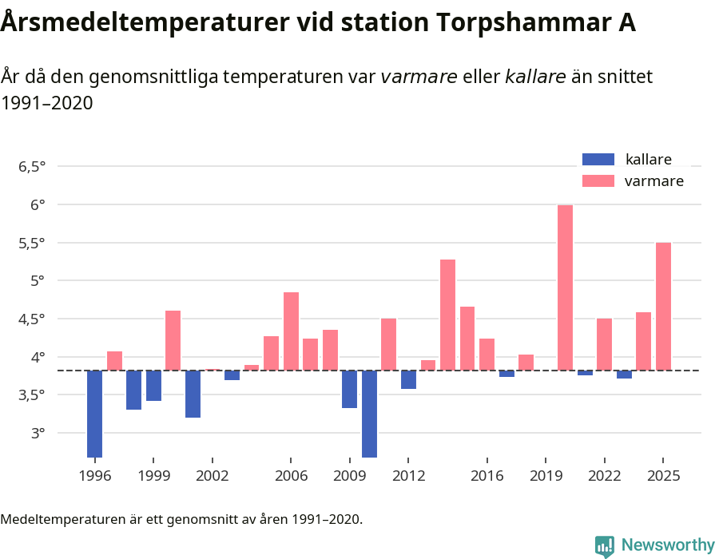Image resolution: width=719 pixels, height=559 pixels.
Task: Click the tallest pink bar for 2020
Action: point(565,287)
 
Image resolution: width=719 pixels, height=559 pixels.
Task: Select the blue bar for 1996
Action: point(94,414)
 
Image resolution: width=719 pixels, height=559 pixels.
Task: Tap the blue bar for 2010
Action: point(369,414)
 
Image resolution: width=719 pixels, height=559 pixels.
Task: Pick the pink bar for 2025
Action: point(663,306)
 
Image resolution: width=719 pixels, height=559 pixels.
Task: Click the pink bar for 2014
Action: point(447,315)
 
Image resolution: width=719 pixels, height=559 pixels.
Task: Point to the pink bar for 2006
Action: point(291,331)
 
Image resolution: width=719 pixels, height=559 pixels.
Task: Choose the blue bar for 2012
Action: point(408,379)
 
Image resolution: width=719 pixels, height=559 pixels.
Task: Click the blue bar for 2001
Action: point(193,394)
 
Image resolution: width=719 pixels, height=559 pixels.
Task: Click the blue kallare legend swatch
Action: point(598,159)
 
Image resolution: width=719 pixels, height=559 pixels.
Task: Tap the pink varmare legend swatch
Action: point(598,181)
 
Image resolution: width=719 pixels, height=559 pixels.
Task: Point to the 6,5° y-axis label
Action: point(32,167)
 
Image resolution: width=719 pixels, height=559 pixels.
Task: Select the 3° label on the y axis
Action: point(38,434)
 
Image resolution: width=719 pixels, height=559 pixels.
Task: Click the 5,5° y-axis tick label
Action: point(32,243)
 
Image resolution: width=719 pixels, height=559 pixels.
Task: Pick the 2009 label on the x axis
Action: point(350,476)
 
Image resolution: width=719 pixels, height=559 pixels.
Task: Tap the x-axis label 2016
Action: point(487,476)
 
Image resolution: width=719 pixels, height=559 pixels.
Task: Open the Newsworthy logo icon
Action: point(605,546)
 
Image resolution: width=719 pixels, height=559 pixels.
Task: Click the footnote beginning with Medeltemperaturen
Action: point(181,520)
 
